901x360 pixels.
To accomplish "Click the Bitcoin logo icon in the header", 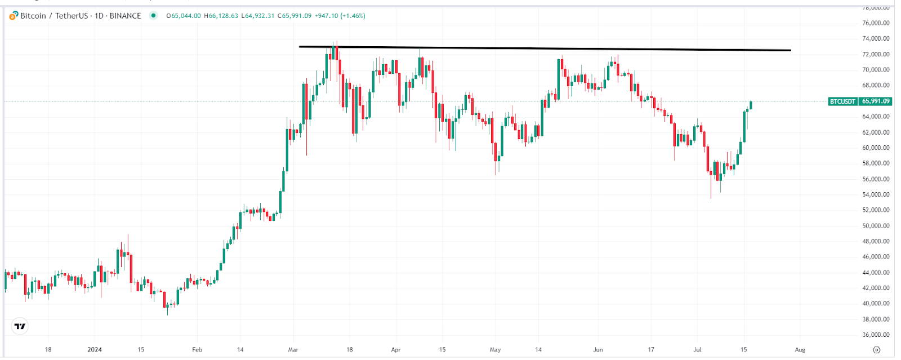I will pyautogui.click(x=14, y=16).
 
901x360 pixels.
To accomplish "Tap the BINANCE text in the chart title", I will pyautogui.click(x=125, y=16).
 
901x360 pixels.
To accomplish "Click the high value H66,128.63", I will pyautogui.click(x=221, y=16).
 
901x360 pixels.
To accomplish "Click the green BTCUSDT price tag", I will pyautogui.click(x=859, y=101).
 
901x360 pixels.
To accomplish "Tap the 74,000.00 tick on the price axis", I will pyautogui.click(x=876, y=39).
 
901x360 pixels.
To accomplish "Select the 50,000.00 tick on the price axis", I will pyautogui.click(x=876, y=226).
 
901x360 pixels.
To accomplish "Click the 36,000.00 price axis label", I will pyautogui.click(x=876, y=335).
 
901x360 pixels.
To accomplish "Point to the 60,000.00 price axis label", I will pyautogui.click(x=876, y=148).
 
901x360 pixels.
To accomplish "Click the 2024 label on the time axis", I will pyautogui.click(x=95, y=350).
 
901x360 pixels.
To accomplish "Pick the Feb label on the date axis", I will pyautogui.click(x=197, y=350).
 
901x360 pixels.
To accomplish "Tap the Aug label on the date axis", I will pyautogui.click(x=800, y=350).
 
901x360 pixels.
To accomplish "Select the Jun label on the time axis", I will pyautogui.click(x=598, y=350).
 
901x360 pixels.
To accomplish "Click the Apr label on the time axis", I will pyautogui.click(x=396, y=350).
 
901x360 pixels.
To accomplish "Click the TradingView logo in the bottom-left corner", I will pyautogui.click(x=20, y=326).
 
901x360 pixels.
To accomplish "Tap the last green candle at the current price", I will pyautogui.click(x=751, y=105).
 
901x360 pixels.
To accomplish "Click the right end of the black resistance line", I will pyautogui.click(x=790, y=50).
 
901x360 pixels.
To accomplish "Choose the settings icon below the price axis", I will pyautogui.click(x=876, y=350).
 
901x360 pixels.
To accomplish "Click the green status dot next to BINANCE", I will pyautogui.click(x=153, y=16).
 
